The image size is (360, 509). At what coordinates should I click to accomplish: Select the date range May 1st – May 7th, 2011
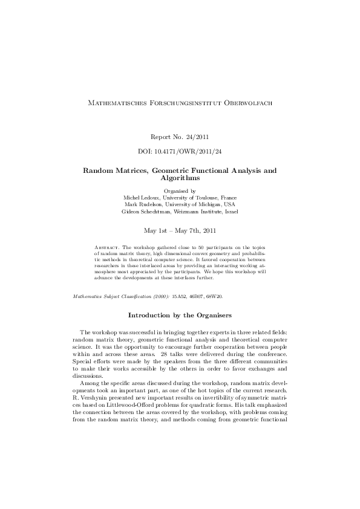click(180, 230)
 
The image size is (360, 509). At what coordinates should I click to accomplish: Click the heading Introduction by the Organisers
click(180, 315)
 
